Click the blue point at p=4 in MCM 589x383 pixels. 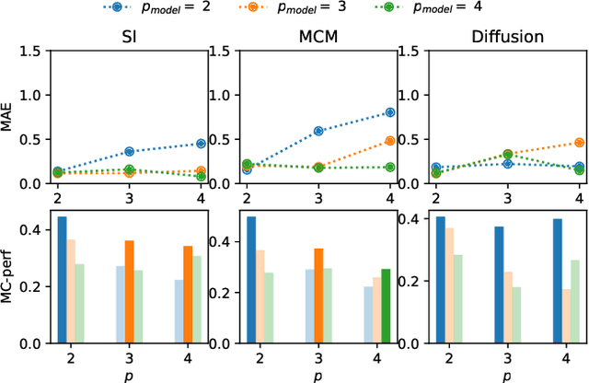[x=389, y=112]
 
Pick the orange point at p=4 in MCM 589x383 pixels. [x=389, y=141]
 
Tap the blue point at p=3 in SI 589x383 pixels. [x=129, y=151]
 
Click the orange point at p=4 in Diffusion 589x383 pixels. [x=579, y=143]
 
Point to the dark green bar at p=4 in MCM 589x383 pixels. [x=386, y=305]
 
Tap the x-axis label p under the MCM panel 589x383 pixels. [x=318, y=375]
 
